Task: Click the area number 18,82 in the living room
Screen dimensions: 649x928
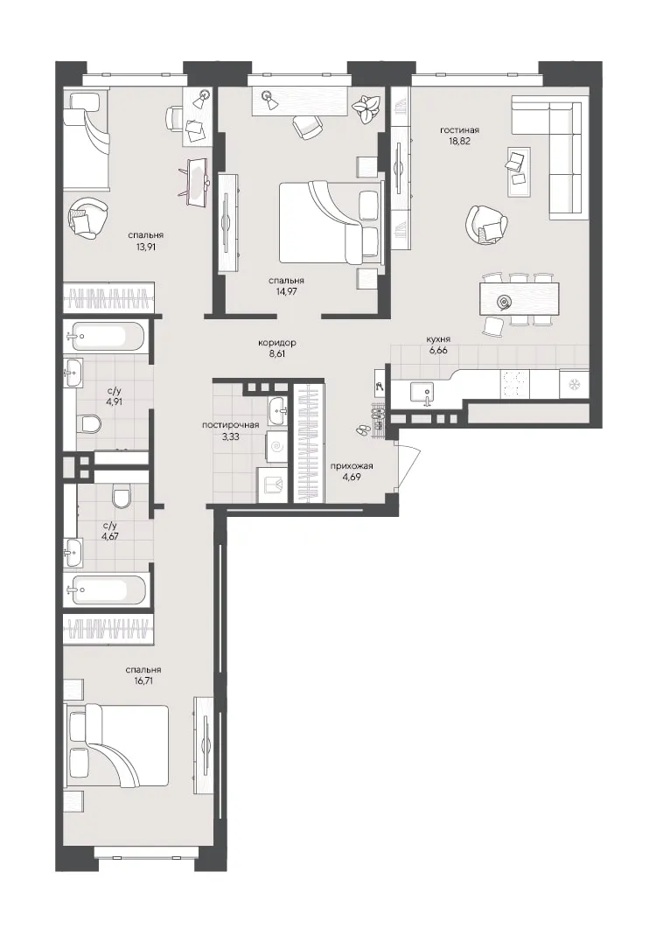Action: [459, 142]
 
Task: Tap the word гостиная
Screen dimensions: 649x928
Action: [459, 130]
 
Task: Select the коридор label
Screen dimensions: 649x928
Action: [277, 343]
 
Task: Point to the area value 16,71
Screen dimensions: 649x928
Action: [143, 680]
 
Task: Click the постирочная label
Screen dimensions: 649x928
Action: [230, 424]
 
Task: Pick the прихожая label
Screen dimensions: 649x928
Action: [352, 465]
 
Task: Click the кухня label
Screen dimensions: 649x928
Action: [438, 339]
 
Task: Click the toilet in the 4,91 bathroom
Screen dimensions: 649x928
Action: [90, 423]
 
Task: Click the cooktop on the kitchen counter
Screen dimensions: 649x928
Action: [514, 383]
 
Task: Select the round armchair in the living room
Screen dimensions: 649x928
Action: [486, 224]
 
